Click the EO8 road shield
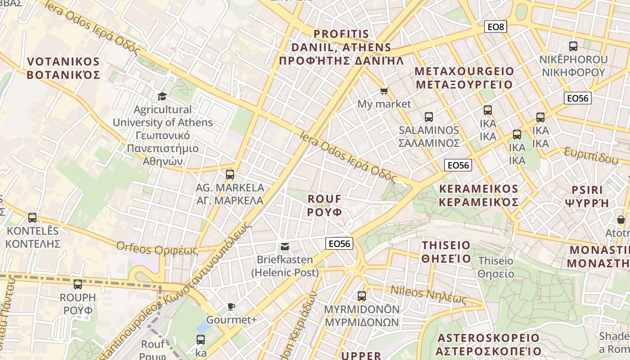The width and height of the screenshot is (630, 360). pos(496,27)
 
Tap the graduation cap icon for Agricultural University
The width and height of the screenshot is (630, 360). pos(162,96)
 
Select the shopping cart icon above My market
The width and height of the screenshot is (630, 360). pos(384,91)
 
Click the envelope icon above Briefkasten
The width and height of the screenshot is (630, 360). pos(285,246)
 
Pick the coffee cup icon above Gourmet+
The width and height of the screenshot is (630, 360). pos(231,306)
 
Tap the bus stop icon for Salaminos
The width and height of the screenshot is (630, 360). pos(428,117)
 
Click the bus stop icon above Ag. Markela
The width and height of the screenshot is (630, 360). pos(230,174)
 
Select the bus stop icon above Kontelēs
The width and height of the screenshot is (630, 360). pos(32,218)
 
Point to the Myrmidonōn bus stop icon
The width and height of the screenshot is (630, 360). pos(362,296)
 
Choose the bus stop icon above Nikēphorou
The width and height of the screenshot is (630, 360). pos(573,46)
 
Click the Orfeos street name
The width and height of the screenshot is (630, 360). pos(157,248)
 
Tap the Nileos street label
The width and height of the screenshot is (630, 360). pos(429,295)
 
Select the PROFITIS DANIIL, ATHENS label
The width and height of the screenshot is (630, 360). pos(341,48)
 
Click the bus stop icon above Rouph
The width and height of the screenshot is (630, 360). pos(78,284)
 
